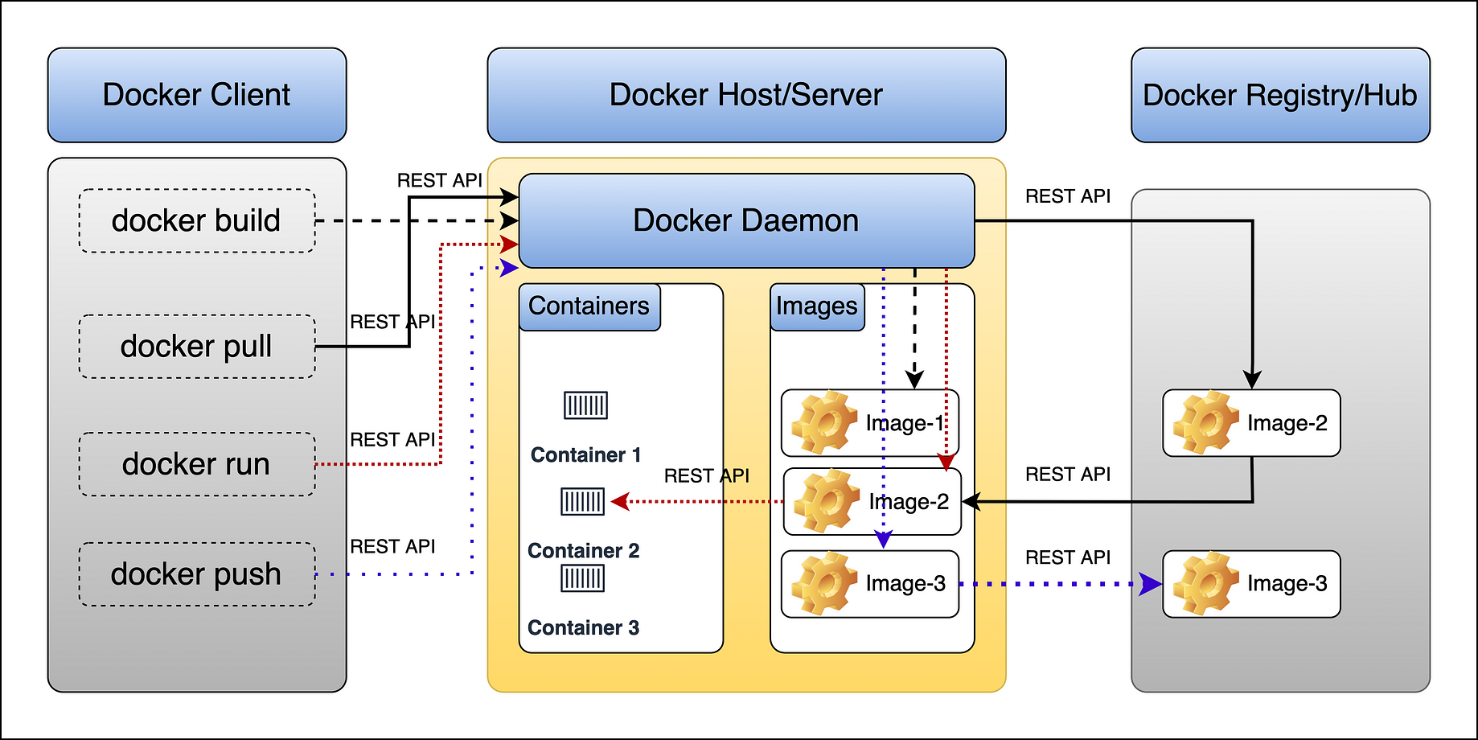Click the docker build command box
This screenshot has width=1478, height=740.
click(197, 221)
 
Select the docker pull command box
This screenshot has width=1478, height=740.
click(197, 347)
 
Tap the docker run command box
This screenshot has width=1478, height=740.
click(197, 464)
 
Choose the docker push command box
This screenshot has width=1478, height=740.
click(197, 574)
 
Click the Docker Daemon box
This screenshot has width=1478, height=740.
click(746, 220)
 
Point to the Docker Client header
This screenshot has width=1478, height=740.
click(197, 95)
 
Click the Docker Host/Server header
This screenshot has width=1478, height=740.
click(746, 95)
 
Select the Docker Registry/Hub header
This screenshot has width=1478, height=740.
click(1280, 95)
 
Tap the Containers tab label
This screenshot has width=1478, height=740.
click(589, 306)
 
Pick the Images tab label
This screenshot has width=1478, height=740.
click(817, 306)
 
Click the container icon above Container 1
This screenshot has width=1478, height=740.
click(585, 405)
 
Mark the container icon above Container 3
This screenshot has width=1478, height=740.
click(582, 578)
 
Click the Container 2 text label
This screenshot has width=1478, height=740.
click(584, 551)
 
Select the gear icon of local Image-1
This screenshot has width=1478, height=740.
click(823, 422)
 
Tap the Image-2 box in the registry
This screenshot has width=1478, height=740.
click(1251, 423)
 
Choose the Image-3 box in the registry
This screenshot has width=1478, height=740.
click(1251, 584)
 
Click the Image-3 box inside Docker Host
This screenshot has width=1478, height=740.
click(870, 584)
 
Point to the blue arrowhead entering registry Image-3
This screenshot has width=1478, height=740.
click(1152, 584)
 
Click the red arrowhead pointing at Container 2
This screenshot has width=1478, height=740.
click(620, 502)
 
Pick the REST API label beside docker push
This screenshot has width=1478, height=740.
click(392, 547)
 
